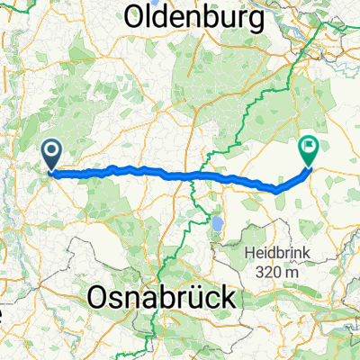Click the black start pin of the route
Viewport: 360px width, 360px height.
pyautogui.click(x=50, y=154)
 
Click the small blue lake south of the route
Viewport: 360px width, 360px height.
pyautogui.click(x=216, y=220)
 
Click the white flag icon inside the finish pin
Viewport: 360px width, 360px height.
pyautogui.click(x=310, y=144)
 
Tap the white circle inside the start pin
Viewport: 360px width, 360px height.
pyautogui.click(x=50, y=149)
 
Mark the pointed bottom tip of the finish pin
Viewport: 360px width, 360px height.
pyautogui.click(x=310, y=166)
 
